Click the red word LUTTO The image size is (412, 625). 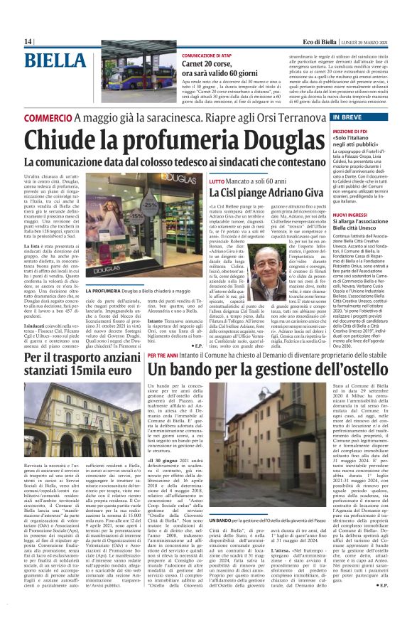pyautogui.click(x=217, y=183)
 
